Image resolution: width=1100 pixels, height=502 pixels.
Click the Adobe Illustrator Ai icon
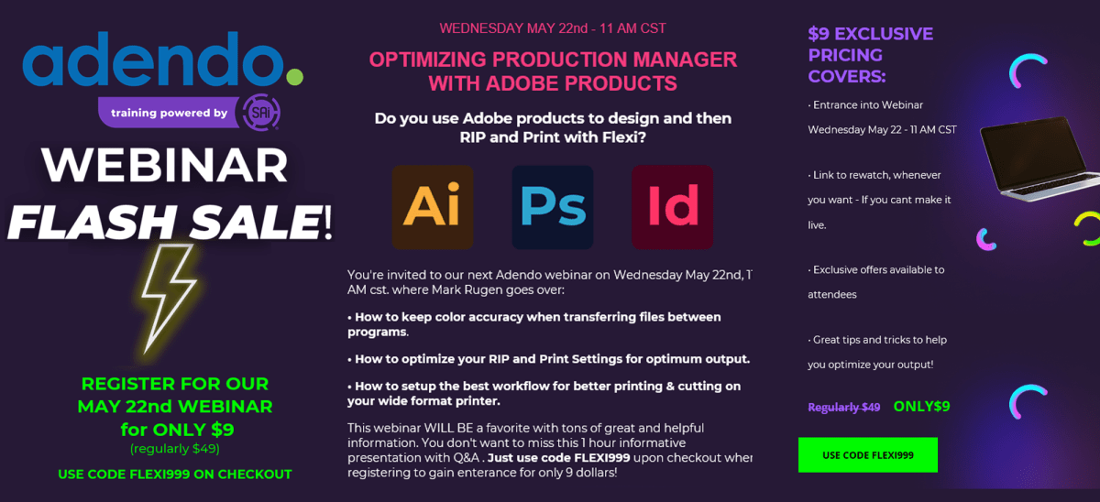tap(433, 207)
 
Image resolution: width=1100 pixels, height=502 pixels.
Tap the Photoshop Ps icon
tap(553, 207)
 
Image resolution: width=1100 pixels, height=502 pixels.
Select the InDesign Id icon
tap(672, 207)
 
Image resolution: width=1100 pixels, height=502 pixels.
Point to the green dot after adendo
tap(294, 77)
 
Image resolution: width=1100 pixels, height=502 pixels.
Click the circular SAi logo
tap(260, 113)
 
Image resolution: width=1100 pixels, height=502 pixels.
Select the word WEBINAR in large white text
tap(164, 166)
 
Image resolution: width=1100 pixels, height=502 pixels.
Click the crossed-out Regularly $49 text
tap(843, 408)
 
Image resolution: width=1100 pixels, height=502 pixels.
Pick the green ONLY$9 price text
tap(921, 407)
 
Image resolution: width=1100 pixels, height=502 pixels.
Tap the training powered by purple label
tap(169, 113)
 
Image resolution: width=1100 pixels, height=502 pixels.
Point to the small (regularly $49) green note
tap(175, 449)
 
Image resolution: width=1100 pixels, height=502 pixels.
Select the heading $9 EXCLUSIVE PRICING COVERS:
tap(870, 55)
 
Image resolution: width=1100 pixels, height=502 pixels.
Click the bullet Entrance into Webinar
tap(865, 105)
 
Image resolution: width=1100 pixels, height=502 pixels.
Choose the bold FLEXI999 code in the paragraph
tap(602, 458)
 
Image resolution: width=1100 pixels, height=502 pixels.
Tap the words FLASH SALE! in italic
tap(170, 222)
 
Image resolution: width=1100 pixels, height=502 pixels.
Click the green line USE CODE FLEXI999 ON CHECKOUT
tap(175, 475)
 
